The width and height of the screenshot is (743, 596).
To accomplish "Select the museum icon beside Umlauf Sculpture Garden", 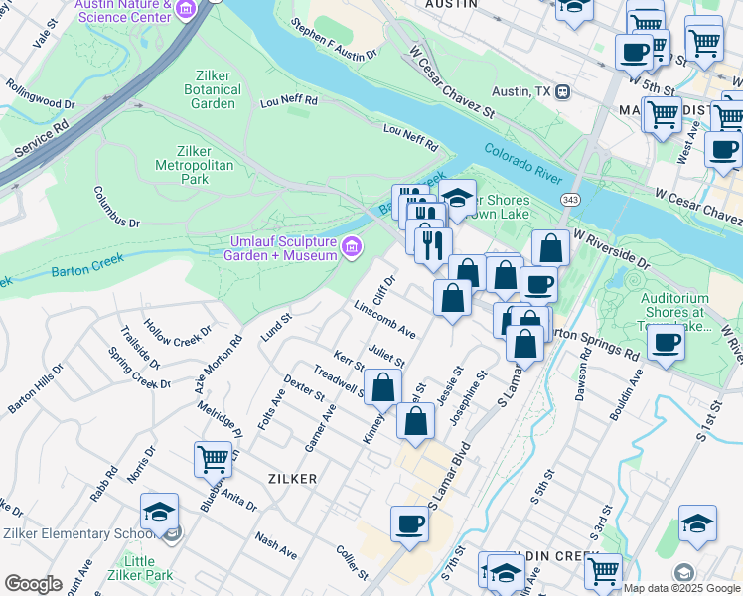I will coord(351,247).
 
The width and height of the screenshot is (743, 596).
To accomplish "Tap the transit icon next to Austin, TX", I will coord(563,91).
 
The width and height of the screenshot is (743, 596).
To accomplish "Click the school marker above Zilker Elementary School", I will coord(159,511).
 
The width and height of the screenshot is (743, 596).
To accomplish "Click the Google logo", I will coord(32,584).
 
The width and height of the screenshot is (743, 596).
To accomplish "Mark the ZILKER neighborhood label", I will coord(292,479).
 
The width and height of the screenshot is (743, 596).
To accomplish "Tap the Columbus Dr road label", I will coord(117,207).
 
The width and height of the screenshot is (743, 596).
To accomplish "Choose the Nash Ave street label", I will coord(275,544).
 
